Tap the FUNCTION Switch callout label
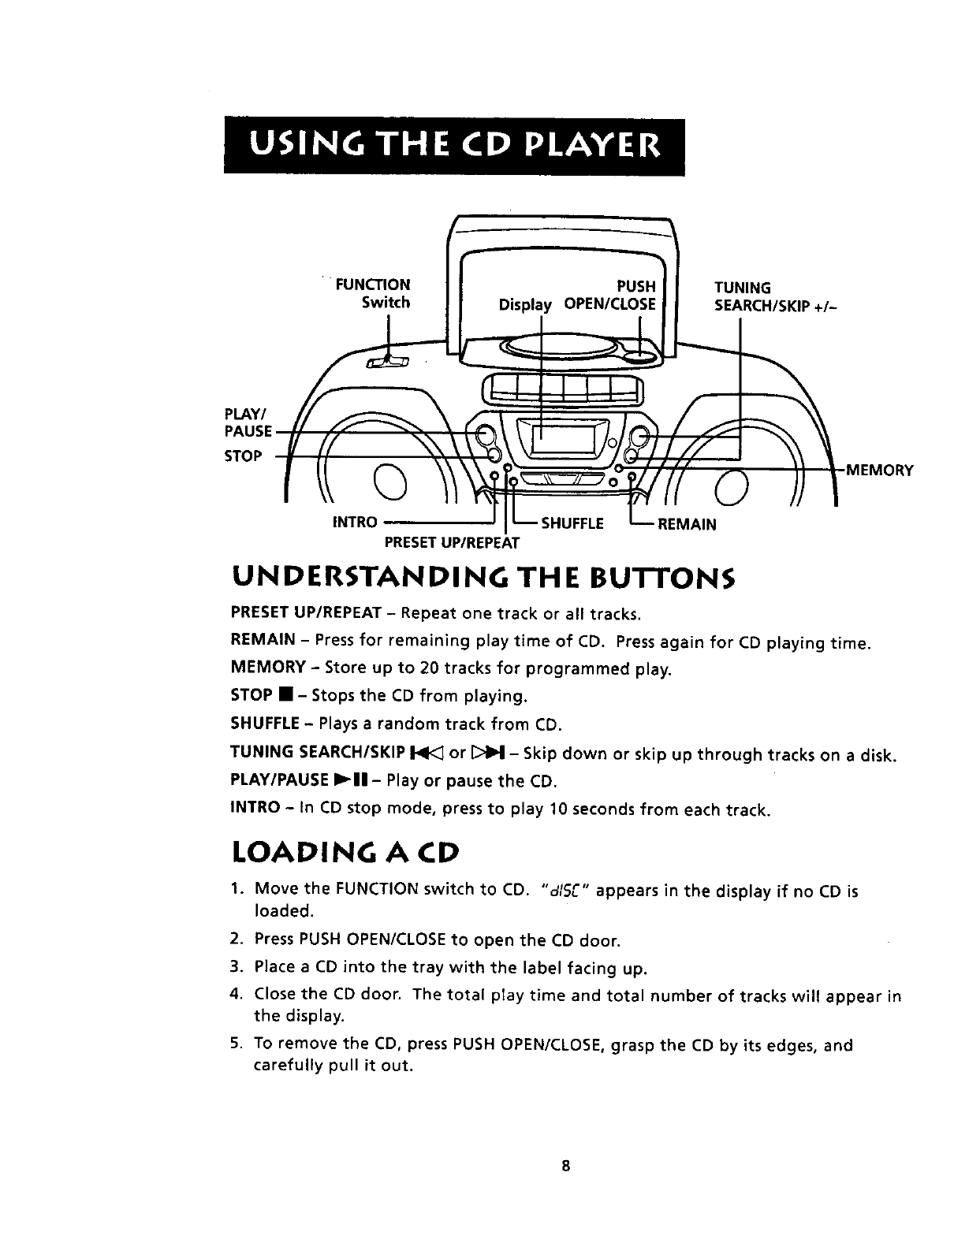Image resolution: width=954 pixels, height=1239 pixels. (374, 293)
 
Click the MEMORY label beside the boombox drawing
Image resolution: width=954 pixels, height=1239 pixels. (879, 471)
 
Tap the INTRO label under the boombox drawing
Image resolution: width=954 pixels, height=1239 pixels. (355, 523)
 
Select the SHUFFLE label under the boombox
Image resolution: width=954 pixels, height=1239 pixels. (572, 524)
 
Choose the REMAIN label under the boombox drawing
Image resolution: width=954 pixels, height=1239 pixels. (686, 524)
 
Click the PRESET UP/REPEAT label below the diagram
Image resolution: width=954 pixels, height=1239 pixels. (452, 543)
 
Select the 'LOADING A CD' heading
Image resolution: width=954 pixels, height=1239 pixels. (345, 854)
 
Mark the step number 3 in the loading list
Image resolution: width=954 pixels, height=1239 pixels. (235, 967)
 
